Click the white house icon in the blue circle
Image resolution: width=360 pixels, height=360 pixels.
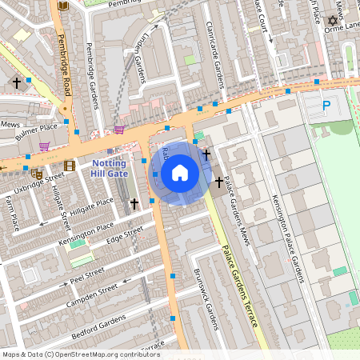180,173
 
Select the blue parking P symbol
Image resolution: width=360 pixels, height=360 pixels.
326,105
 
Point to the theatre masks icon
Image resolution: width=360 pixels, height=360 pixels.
36,172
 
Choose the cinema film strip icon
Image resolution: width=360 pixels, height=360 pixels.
70,166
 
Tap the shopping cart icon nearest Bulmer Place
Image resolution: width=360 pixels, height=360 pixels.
45,146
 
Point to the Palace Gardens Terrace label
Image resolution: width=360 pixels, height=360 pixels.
239,288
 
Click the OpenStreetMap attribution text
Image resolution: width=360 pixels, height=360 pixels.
81,354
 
